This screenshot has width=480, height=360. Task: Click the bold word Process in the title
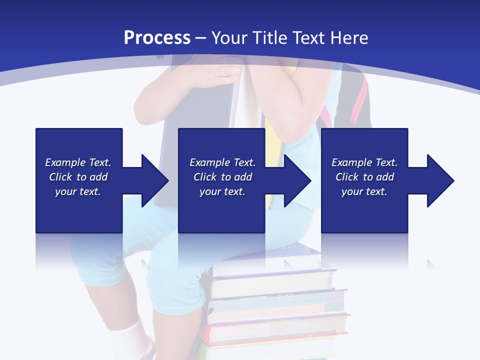coord(157,38)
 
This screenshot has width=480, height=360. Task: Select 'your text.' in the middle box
coord(222,191)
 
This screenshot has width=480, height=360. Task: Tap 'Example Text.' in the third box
coord(364,162)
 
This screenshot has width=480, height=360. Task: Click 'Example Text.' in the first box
coord(78,162)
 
